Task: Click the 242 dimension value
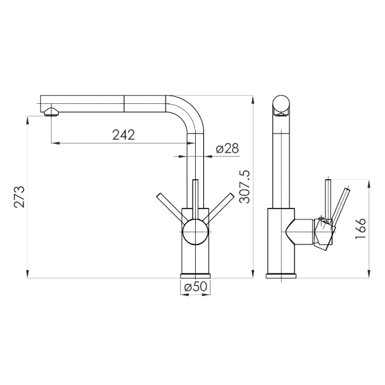(123, 135)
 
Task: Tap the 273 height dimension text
(19, 197)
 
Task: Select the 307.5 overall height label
(244, 187)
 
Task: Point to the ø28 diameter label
(227, 149)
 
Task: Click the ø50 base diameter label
(196, 287)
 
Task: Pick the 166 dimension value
(360, 228)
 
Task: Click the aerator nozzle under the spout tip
(51, 112)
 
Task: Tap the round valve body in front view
(195, 232)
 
